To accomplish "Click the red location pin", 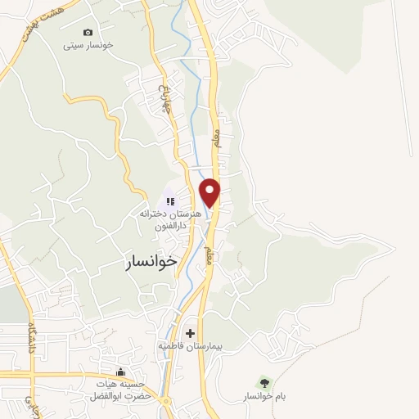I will [x=210, y=191].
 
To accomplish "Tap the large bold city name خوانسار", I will [x=151, y=262].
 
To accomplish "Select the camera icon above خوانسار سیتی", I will [x=88, y=32].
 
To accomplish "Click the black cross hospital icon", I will [x=191, y=333].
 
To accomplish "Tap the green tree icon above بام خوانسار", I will [x=264, y=381].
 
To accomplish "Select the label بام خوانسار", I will [x=264, y=397].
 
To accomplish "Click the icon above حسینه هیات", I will [x=121, y=373].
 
